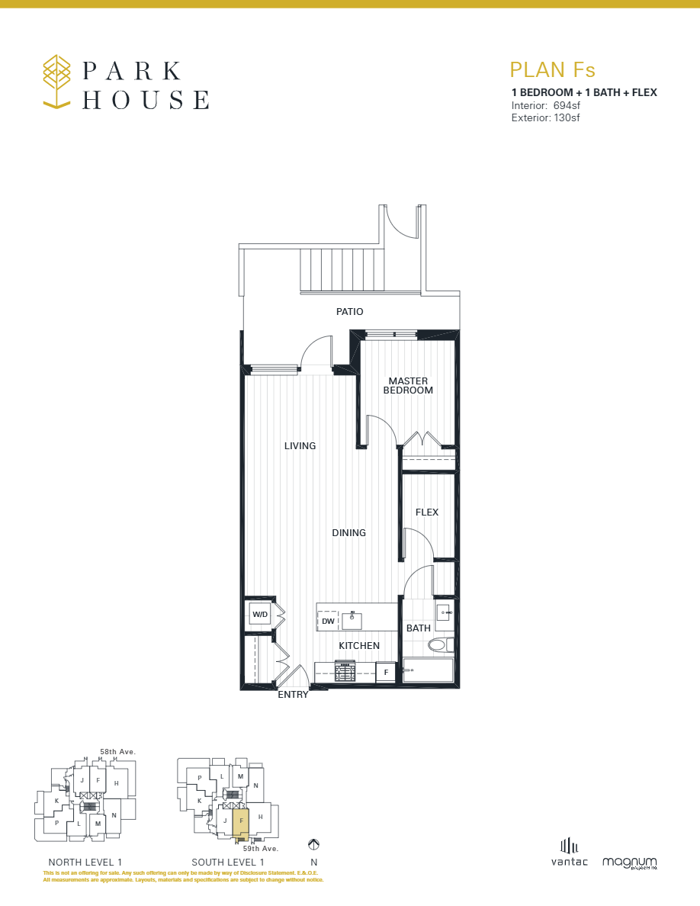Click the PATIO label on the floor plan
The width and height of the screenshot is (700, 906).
[x=349, y=312]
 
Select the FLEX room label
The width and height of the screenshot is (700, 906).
[x=426, y=512]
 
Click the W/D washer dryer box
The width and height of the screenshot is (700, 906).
[x=259, y=614]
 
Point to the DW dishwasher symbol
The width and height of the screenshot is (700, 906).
[x=328, y=622]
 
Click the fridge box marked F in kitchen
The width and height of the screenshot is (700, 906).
[x=386, y=673]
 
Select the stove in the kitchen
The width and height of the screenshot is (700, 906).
[x=345, y=671]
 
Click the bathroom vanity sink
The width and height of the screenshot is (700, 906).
[x=444, y=612]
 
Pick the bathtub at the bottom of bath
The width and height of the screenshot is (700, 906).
[x=428, y=671]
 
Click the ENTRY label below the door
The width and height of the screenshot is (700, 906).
[x=293, y=695]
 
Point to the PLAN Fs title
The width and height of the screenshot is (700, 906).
[x=552, y=70]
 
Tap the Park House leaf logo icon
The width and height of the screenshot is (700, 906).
[x=57, y=80]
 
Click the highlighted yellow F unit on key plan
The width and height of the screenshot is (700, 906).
[x=240, y=824]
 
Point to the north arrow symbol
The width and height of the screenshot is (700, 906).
[x=313, y=844]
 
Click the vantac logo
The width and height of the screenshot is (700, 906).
[x=570, y=853]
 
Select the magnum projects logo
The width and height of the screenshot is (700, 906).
[x=629, y=862]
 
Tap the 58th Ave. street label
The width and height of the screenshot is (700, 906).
[x=118, y=752]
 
